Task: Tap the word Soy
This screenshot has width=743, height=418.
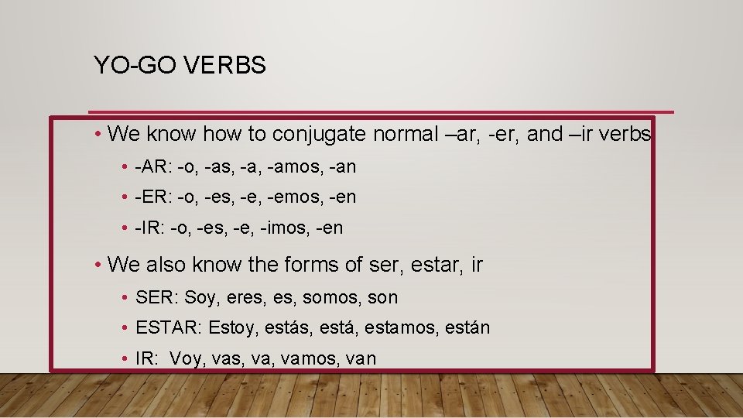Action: click(x=200, y=297)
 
